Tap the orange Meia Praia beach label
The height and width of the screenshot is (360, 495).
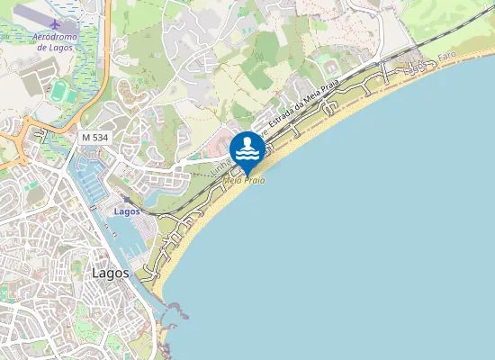click(244, 180)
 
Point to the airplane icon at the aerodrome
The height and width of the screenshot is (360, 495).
click(56, 22)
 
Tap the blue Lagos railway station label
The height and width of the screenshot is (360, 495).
click(127, 211)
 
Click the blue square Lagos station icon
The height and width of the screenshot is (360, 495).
click(126, 200)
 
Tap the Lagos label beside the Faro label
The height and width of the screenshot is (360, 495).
click(415, 67)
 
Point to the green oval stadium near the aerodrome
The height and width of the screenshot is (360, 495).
click(60, 91)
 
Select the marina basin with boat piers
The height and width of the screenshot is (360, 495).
click(92, 180)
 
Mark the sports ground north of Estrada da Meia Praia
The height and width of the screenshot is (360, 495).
click(329, 68)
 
